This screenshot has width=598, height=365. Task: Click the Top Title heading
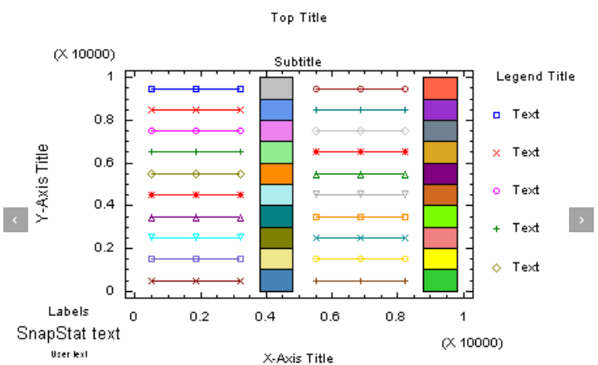tap(299, 17)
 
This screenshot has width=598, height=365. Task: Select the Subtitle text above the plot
tap(298, 62)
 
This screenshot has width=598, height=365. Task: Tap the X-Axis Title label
tap(298, 358)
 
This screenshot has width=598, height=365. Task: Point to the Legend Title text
tap(535, 76)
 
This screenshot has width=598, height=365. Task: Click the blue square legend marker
tap(497, 114)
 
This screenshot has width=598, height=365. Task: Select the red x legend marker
tap(497, 153)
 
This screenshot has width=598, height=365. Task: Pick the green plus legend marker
tap(497, 228)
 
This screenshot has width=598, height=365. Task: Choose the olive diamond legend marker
tap(497, 267)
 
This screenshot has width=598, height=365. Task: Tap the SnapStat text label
tap(68, 333)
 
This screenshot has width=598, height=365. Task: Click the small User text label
tap(69, 354)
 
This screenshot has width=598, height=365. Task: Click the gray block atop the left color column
tap(275, 88)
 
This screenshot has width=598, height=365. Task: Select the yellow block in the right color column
tap(440, 259)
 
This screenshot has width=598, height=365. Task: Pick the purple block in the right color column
tap(440, 109)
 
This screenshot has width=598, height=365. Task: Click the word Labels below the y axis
tap(68, 311)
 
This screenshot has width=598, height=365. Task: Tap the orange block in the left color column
tap(275, 173)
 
